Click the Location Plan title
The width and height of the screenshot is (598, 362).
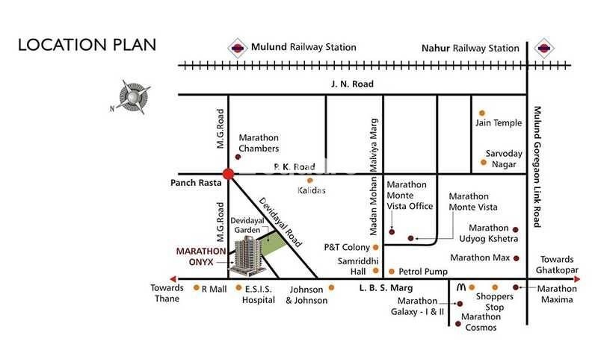[87, 44]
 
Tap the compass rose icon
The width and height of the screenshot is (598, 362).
[133, 97]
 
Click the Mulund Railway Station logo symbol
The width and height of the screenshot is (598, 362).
[237, 46]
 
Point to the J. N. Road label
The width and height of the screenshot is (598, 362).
[351, 84]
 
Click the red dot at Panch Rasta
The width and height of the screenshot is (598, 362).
[229, 173]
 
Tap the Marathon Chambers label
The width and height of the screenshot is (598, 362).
[259, 143]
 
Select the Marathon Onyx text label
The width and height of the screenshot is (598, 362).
[201, 257]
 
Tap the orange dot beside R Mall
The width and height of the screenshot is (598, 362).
[196, 287]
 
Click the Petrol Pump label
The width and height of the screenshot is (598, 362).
[423, 272]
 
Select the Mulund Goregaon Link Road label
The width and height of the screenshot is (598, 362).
[536, 166]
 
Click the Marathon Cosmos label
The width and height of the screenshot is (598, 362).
[487, 322]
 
